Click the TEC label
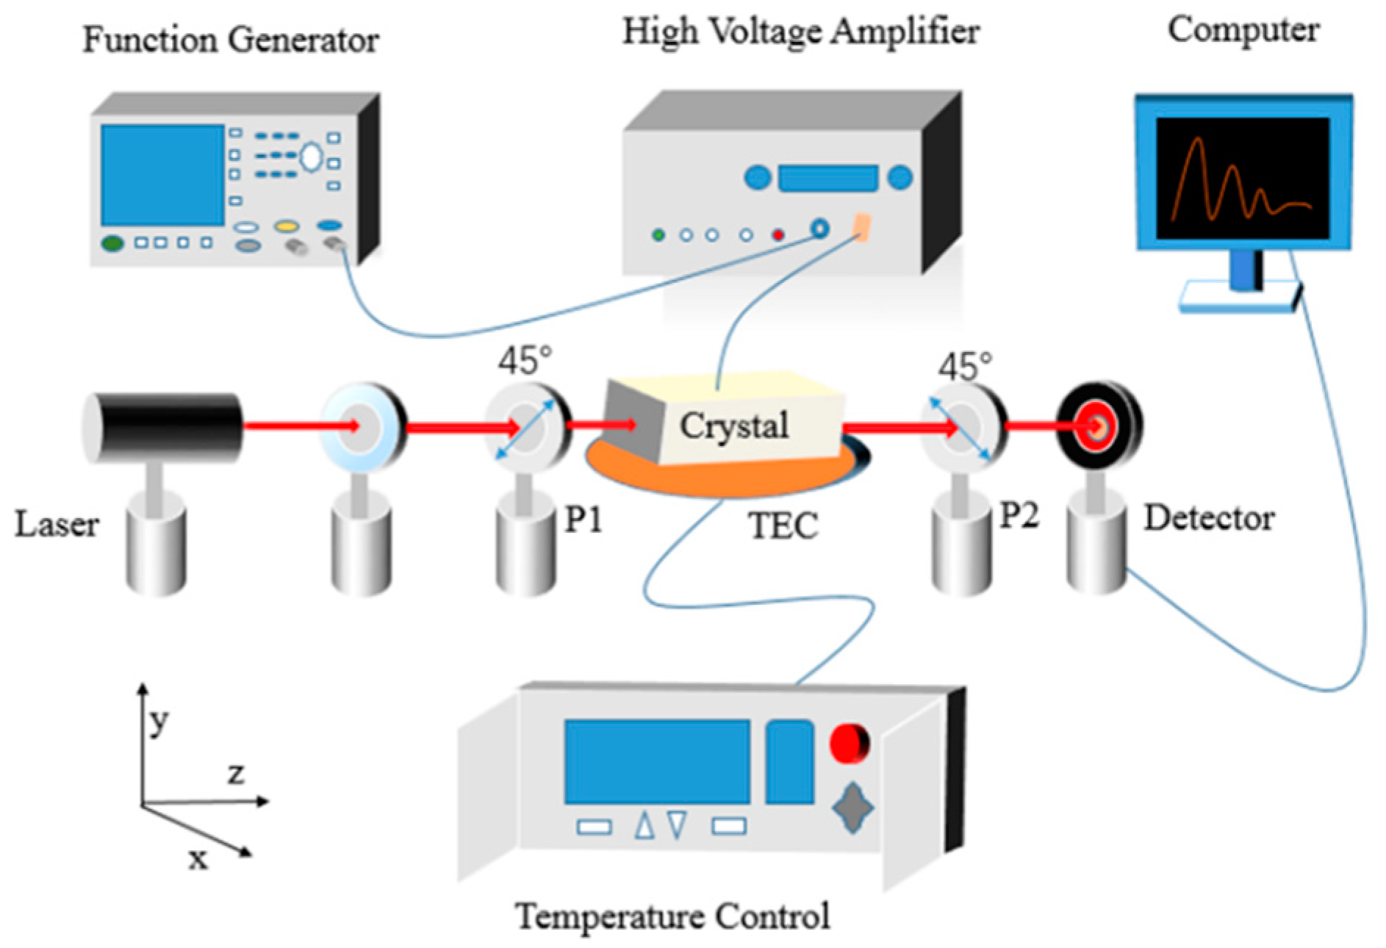tap(783, 526)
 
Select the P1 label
tap(584, 520)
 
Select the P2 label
tap(1019, 516)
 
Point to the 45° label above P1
tap(525, 361)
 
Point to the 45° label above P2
tap(964, 366)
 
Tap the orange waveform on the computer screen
tap(1235, 184)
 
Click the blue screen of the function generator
tap(162, 175)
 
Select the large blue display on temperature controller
tap(656, 761)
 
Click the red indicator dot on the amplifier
tap(778, 235)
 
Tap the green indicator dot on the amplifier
tap(658, 235)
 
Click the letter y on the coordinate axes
tap(159, 722)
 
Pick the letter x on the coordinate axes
tap(198, 858)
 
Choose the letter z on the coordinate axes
tap(235, 773)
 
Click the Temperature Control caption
tap(672, 916)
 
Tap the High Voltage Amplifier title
tap(801, 32)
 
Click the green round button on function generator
tap(112, 243)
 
